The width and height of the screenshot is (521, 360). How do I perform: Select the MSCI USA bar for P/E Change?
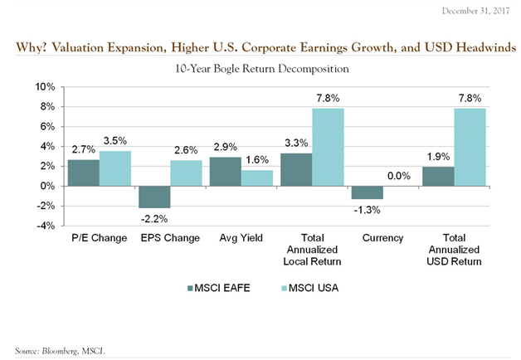(x=114, y=168)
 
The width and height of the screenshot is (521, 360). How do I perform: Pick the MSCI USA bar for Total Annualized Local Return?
(x=328, y=147)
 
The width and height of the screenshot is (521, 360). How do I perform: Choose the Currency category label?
(x=383, y=239)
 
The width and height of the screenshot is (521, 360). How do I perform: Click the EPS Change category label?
(x=170, y=239)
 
